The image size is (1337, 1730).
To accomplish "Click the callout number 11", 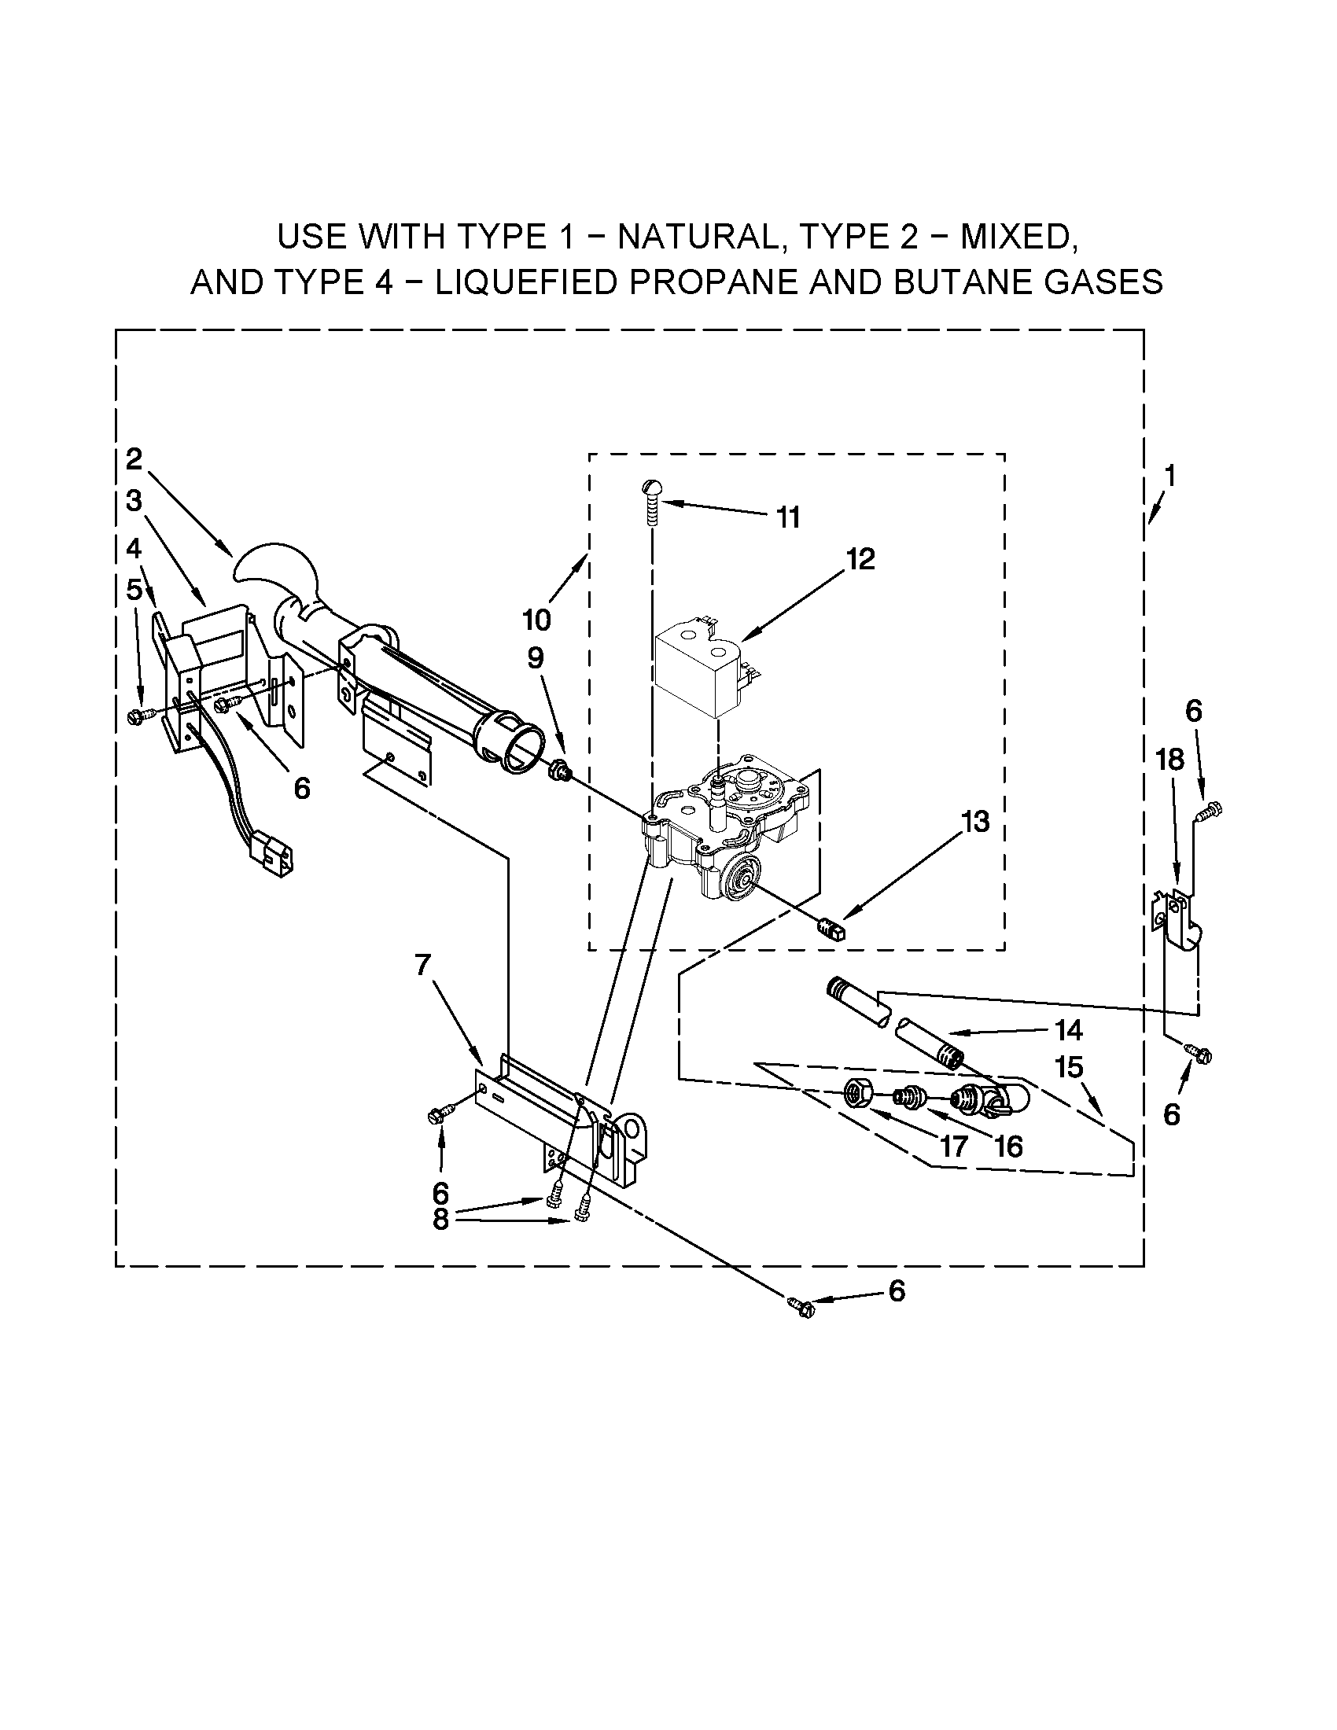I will coord(787,518).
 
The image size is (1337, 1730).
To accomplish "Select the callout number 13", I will coord(975,823).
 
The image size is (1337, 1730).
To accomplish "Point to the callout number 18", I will coord(1169,760).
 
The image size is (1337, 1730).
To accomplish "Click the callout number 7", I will coord(422,965).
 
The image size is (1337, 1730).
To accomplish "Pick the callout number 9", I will coord(536,658).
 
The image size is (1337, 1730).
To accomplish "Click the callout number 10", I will coord(536,620).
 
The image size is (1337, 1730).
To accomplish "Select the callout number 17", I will coord(954,1147).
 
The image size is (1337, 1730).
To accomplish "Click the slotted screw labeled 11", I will coord(651,503).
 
